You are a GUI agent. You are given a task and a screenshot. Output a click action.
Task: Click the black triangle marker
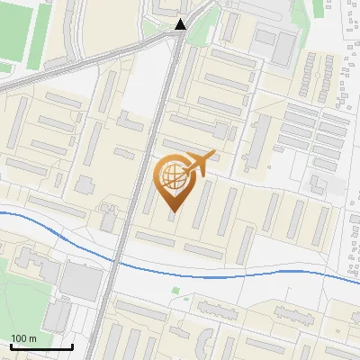[181, 24]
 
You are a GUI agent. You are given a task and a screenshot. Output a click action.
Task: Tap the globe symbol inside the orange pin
[172, 176]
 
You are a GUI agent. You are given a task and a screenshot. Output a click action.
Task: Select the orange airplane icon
[199, 163]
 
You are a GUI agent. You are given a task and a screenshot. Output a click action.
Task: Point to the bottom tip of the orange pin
[172, 212]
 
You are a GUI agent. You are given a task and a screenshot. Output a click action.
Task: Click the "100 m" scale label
[23, 338]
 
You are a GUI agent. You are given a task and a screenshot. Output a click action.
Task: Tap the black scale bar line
[40, 346]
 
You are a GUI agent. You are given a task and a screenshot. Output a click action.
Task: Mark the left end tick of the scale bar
[10, 345]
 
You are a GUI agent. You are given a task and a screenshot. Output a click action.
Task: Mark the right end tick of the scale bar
[72, 345]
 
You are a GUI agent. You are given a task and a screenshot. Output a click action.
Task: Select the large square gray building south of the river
[82, 284]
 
